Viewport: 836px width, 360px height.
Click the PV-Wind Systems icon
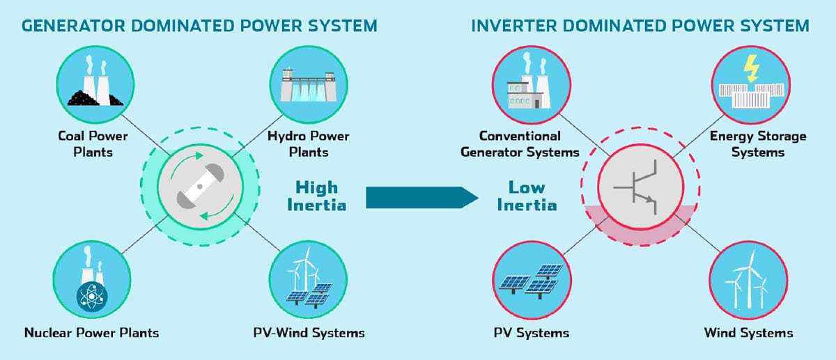click(304, 279)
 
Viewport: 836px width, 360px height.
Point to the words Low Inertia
click(532, 196)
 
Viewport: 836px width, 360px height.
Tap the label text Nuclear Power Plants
click(91, 332)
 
